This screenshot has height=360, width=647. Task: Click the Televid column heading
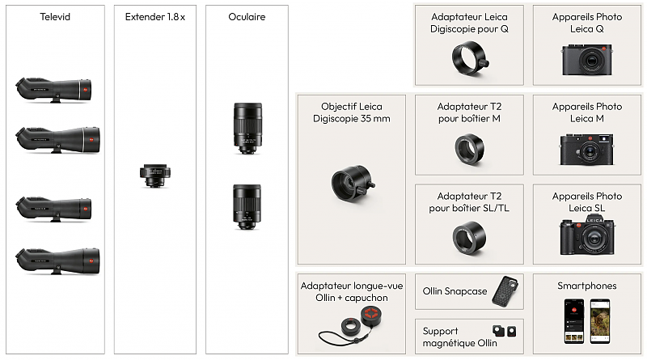[55, 17]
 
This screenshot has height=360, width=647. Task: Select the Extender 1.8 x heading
[155, 17]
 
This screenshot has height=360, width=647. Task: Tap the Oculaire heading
[247, 17]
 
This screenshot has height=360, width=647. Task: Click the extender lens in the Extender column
[155, 176]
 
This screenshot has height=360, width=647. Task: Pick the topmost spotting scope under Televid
[53, 90]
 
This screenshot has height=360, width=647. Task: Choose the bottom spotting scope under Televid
[57, 260]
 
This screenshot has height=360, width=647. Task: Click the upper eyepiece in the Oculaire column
[247, 129]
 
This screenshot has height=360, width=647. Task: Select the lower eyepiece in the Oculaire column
[247, 207]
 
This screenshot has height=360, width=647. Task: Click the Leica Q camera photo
[587, 59]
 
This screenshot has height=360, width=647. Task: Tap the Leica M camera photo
[586, 149]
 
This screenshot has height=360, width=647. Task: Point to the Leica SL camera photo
[587, 236]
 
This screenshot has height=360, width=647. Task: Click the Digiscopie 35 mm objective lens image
[353, 184]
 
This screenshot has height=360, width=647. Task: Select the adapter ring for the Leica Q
[470, 59]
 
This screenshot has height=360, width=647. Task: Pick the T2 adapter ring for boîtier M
[470, 150]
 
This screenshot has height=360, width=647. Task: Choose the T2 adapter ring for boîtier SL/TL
[470, 238]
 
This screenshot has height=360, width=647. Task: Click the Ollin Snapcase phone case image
[505, 291]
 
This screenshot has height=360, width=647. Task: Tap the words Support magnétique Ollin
[459, 337]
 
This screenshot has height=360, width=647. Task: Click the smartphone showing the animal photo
[600, 321]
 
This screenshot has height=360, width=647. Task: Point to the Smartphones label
[587, 286]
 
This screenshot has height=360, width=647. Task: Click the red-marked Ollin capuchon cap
[371, 315]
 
